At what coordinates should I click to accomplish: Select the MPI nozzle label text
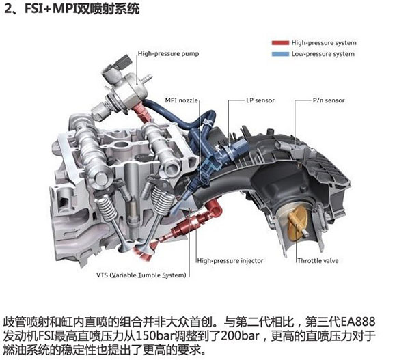[181, 100]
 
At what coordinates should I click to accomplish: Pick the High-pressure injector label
[229, 260]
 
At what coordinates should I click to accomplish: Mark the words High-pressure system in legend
[323, 43]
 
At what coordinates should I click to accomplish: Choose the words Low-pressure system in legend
[323, 54]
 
